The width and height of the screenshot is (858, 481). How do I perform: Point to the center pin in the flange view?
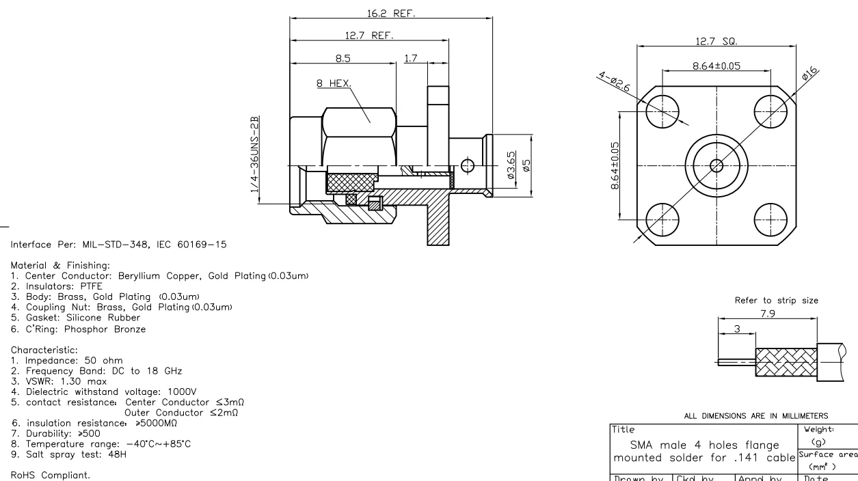click(716, 165)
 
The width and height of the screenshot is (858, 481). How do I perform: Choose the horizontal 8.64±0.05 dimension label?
click(716, 66)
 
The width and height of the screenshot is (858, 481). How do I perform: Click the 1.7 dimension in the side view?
click(412, 59)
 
